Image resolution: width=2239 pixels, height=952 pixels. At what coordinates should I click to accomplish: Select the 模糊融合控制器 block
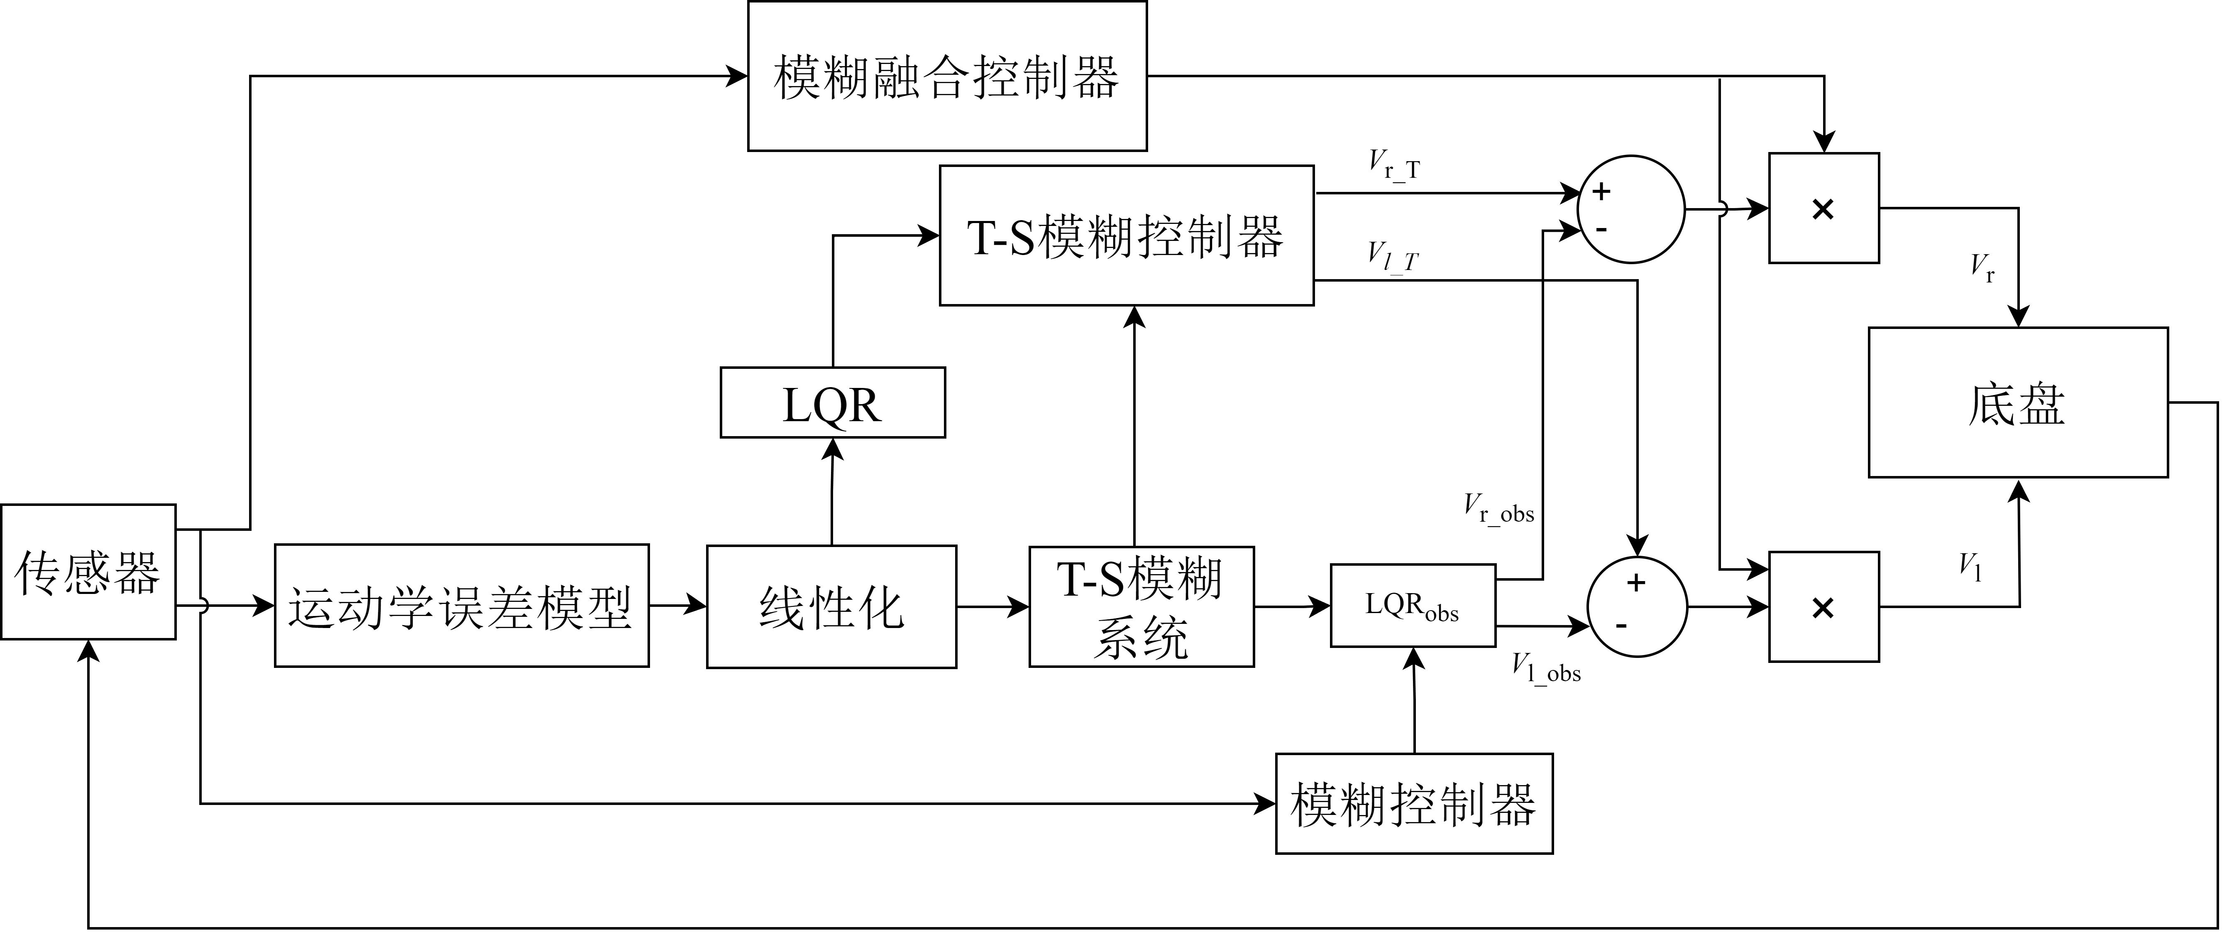point(947,76)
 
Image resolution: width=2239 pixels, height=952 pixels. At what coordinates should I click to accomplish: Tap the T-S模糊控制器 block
point(1127,236)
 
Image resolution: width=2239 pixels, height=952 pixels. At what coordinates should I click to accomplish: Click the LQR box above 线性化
point(833,402)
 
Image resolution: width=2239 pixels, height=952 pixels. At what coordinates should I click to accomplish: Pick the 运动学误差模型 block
point(462,606)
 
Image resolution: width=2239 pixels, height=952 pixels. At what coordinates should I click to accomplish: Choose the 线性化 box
point(832,607)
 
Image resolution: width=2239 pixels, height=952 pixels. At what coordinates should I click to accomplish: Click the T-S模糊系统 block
point(1141,607)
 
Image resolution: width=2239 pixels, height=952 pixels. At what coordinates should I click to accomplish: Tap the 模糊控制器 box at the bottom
point(1414,803)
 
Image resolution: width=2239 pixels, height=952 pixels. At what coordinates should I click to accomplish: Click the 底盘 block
point(2018,402)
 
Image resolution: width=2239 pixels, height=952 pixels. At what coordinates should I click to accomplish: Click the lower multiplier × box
point(1823,607)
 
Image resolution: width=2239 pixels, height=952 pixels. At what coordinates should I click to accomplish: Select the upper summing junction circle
point(1631,209)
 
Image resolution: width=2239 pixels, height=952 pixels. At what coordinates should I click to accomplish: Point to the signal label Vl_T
point(1392,256)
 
